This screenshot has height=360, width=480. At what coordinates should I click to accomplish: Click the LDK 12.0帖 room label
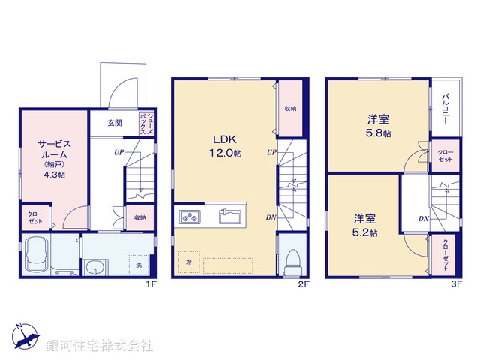[226, 146]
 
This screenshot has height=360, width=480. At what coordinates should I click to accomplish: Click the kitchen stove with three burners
[190, 217]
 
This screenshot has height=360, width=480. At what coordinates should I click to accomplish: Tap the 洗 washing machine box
[138, 265]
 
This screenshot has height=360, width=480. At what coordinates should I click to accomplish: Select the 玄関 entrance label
[114, 122]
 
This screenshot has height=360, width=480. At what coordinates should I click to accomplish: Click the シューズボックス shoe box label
[149, 124]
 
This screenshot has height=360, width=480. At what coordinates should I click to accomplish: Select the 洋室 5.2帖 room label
[365, 225]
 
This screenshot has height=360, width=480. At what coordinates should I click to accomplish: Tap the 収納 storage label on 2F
[289, 108]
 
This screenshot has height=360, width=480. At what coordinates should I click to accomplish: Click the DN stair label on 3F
[424, 218]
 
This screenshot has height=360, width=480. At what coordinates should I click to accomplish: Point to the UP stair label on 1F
[119, 153]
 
